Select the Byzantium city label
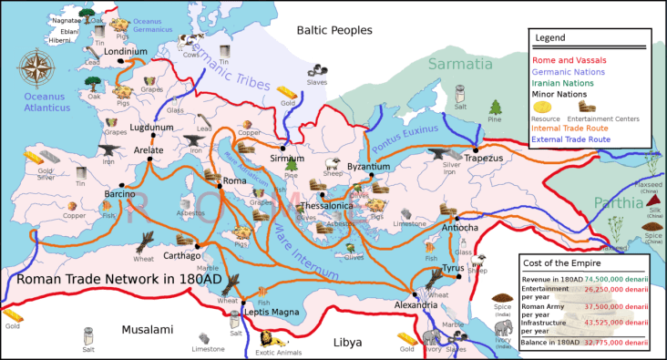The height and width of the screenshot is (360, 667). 369,168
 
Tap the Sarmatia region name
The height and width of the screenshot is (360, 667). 473,64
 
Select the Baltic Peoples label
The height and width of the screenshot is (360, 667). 333,31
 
